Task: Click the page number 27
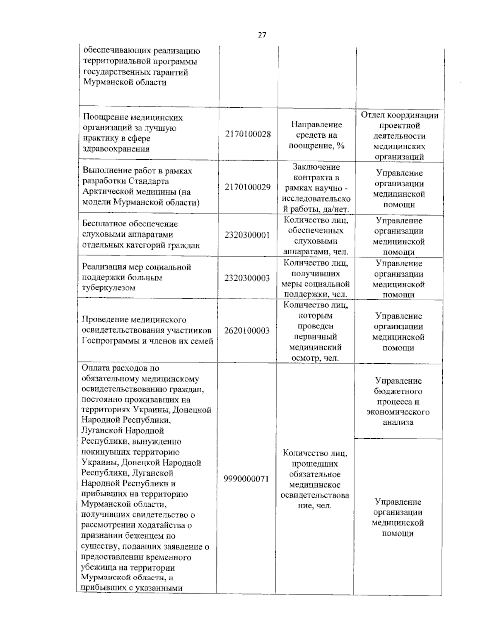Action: click(262, 35)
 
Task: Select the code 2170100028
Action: click(248, 134)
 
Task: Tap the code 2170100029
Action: click(248, 187)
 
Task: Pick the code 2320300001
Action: click(247, 235)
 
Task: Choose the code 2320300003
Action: click(247, 278)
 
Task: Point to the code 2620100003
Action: click(247, 331)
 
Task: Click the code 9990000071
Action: click(246, 479)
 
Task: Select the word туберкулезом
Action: click(109, 288)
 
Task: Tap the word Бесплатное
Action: click(104, 224)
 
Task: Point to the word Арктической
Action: click(109, 192)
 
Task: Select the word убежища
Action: click(98, 568)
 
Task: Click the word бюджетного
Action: click(398, 391)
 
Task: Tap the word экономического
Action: click(398, 412)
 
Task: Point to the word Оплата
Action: click(95, 368)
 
